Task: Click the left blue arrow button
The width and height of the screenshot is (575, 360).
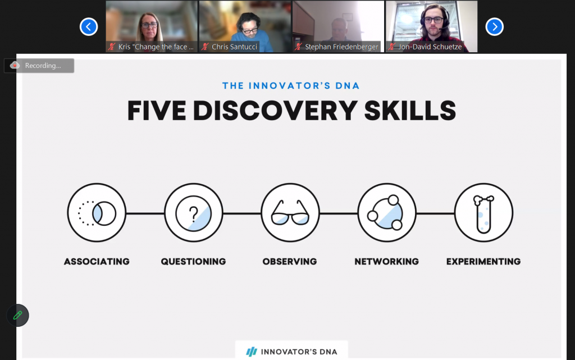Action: coord(89,26)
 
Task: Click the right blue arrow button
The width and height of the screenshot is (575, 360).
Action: coord(494,26)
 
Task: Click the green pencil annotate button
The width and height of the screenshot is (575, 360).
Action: coord(18,315)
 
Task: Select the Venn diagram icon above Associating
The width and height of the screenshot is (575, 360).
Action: coord(97,213)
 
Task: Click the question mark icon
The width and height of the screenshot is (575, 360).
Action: coord(193,213)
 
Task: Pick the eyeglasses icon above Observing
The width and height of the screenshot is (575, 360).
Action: coord(290,213)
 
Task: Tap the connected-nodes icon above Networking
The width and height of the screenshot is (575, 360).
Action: coord(386,213)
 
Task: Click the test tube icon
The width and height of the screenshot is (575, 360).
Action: coord(483,213)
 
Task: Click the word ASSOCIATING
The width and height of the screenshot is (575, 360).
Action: coord(97,261)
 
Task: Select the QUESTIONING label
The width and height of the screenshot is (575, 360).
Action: coord(193,261)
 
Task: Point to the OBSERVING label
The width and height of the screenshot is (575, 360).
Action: coord(290,261)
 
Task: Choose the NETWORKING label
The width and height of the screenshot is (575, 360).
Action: coord(386,261)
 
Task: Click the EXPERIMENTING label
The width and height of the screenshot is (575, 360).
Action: coord(483,261)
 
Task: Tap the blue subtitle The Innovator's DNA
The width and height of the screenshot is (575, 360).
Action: coord(291,86)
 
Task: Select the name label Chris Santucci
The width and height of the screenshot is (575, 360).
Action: coord(235,47)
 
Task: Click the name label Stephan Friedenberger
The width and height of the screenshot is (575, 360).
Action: coord(341,47)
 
